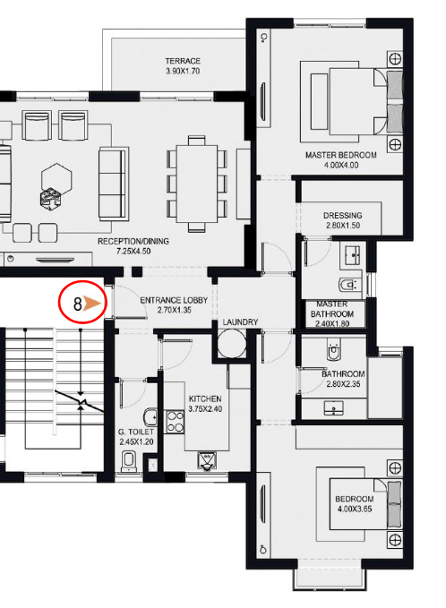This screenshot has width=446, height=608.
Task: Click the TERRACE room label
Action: (183, 61)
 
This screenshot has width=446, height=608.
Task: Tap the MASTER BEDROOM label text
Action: (340, 155)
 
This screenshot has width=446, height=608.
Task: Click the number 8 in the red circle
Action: (78, 304)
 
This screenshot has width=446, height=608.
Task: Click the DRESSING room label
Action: (343, 216)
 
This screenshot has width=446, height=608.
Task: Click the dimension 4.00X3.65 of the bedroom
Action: (354, 508)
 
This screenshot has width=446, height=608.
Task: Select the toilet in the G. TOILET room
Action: (130, 459)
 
